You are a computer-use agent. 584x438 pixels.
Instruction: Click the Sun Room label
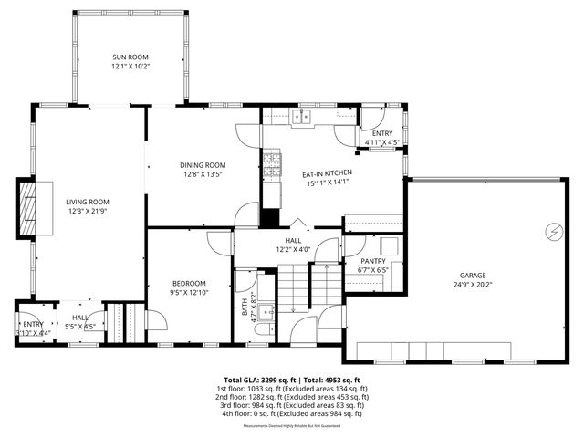[x=130, y=57]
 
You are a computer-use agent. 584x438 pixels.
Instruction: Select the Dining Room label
[x=202, y=165]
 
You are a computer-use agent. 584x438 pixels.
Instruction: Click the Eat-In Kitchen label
[x=327, y=172]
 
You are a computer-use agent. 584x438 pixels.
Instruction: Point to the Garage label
[x=472, y=275]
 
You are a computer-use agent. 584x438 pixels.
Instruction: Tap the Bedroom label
[x=190, y=283]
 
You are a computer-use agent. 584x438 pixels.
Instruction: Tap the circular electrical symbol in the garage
[x=551, y=229]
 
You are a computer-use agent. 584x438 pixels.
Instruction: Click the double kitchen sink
[x=300, y=117]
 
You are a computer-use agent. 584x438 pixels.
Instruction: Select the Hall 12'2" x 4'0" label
[x=293, y=245]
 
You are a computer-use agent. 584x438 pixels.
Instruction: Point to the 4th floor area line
[x=292, y=413]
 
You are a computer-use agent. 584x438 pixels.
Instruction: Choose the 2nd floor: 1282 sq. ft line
[x=292, y=397]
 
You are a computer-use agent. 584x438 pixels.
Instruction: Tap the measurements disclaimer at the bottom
[x=292, y=426]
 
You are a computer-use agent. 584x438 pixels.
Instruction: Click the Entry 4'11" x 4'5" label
[x=381, y=138]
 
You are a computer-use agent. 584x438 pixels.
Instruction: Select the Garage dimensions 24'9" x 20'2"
[x=472, y=284]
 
